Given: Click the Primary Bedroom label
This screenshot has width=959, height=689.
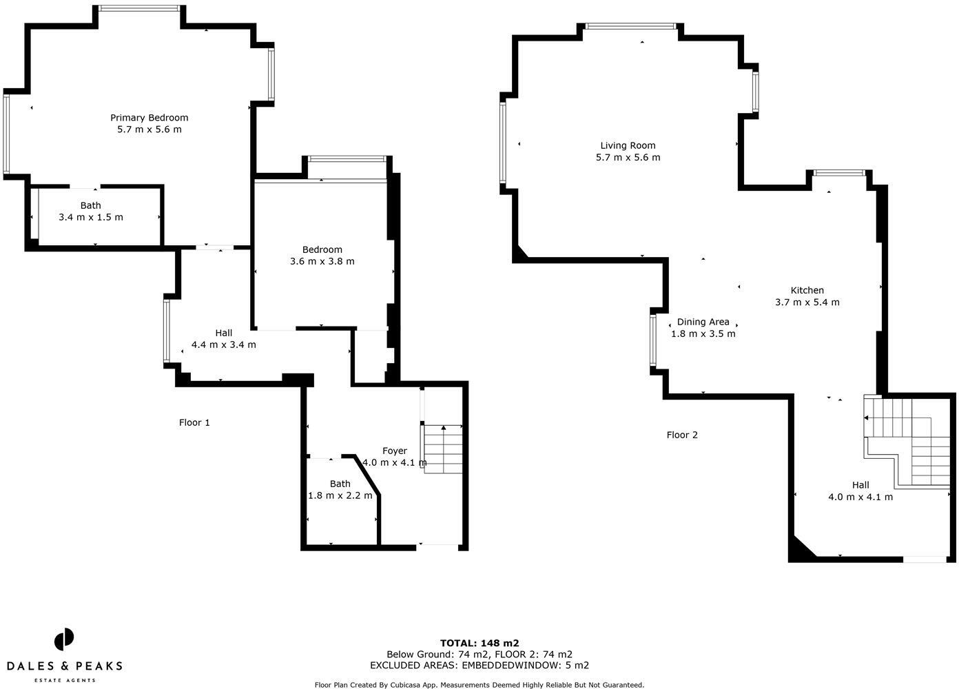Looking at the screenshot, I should pos(149,118).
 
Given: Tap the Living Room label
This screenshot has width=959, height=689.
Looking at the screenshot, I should pos(628,145).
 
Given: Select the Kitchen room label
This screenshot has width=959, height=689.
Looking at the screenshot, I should pos(807,290).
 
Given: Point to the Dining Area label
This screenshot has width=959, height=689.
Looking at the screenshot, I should pos(703,322).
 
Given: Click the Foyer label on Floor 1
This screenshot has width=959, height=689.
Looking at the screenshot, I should pos(395,451).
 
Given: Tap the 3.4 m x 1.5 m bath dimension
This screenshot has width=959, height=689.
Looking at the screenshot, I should pos(91,217).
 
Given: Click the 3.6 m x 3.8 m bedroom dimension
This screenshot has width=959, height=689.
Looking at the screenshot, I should pos(322,261).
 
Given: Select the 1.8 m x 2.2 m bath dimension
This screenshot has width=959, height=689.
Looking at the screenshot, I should pos(340,495).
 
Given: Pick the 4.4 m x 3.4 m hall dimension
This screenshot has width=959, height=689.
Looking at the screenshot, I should pos(223,344).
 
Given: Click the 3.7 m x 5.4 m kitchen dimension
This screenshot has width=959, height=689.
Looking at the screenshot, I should pos(807,302).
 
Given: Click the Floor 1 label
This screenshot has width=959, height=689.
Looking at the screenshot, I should pos(194,422).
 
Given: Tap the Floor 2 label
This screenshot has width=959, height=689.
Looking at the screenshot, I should pos(682,435).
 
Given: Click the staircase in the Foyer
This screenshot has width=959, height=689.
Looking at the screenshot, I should pos(443,449).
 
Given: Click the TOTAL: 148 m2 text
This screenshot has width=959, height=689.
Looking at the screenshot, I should pos(479,644).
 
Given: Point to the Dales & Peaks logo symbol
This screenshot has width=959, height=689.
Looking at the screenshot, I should pos(64,639).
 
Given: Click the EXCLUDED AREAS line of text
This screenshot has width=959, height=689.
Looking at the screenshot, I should pos(479,666).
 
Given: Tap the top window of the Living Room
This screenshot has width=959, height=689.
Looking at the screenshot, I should pos(630,27).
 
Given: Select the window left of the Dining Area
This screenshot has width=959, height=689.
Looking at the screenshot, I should pos(653,339).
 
